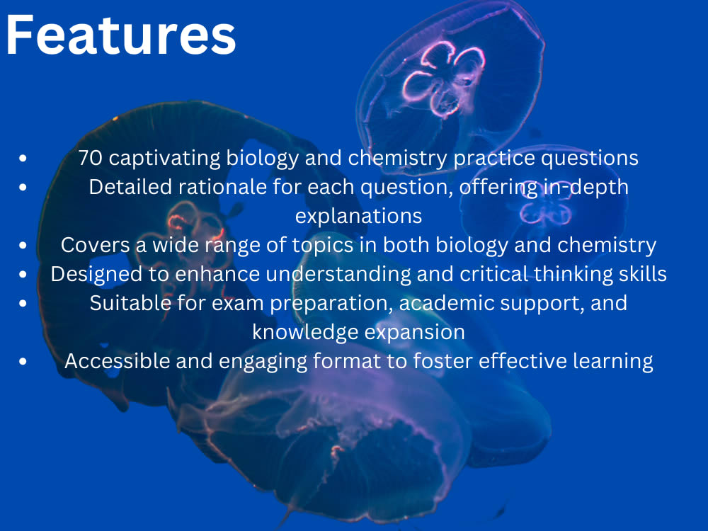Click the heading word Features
(x=120, y=35)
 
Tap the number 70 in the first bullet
(x=91, y=158)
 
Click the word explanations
(x=358, y=215)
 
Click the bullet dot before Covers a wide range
(x=24, y=245)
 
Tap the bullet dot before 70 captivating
(x=24, y=158)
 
